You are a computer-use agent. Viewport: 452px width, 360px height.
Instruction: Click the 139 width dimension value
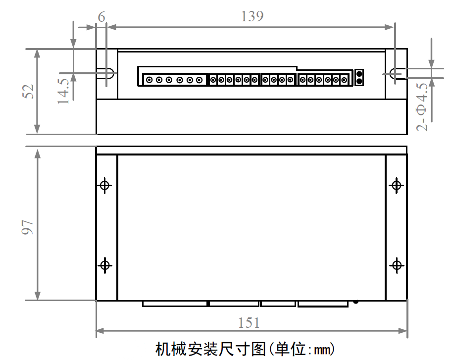click(x=252, y=16)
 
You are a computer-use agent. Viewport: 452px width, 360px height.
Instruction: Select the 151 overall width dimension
click(x=249, y=323)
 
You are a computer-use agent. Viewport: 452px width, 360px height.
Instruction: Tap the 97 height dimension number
click(x=28, y=226)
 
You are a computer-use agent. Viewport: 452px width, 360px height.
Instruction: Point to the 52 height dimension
click(x=28, y=91)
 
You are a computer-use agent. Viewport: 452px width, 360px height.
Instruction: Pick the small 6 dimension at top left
click(x=101, y=17)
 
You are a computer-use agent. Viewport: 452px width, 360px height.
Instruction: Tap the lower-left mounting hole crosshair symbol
click(x=105, y=265)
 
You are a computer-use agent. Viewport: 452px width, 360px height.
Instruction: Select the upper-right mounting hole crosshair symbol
click(x=396, y=185)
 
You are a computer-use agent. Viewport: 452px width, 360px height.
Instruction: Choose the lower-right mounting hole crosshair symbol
click(x=397, y=265)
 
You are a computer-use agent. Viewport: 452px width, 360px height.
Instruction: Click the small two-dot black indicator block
click(x=360, y=77)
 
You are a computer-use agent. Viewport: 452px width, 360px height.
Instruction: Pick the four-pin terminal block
click(x=278, y=79)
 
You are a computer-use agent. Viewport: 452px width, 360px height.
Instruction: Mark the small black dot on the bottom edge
click(x=355, y=301)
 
